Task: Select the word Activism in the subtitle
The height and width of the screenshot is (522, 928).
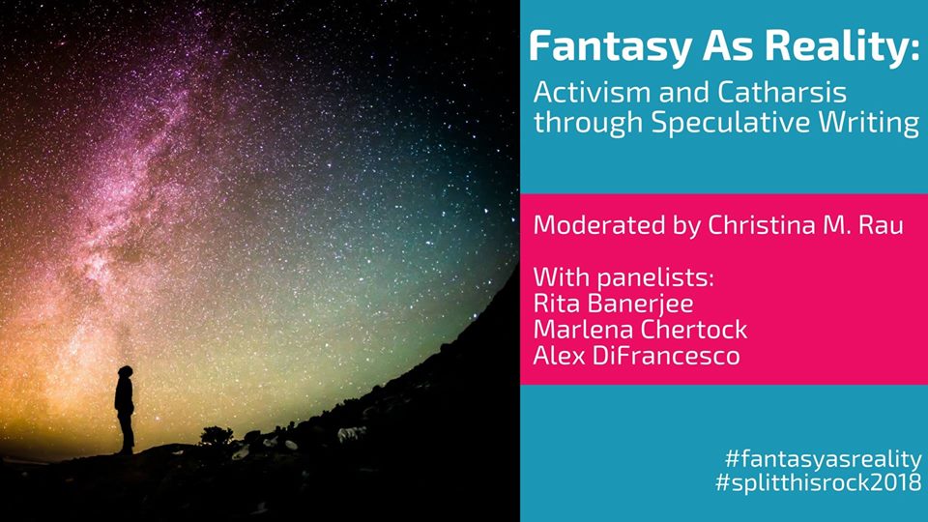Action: [x=592, y=93]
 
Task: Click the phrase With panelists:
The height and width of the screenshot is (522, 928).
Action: [x=623, y=277]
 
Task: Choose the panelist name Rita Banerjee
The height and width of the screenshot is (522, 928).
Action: [x=613, y=304]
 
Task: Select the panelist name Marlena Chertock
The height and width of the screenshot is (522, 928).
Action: [x=640, y=330]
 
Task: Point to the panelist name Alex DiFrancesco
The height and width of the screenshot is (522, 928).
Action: [x=637, y=356]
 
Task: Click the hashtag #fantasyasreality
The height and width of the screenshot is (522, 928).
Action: [x=824, y=459]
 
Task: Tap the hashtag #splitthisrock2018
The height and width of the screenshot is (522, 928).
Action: [x=819, y=482]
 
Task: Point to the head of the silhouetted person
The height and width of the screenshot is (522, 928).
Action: [x=125, y=371]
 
